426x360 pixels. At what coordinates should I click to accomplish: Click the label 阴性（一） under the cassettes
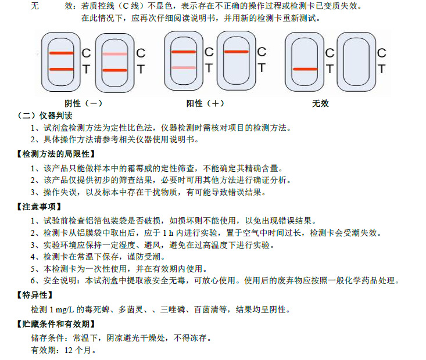pos(84,103)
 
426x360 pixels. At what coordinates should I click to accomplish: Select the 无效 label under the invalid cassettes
pos(320,103)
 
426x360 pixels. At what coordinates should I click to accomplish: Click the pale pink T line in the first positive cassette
pos(184,68)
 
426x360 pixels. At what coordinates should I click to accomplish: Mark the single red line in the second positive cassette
pos(235,52)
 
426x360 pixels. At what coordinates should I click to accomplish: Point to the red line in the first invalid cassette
pos(305,69)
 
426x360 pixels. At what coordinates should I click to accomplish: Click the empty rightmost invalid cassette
pos(356,61)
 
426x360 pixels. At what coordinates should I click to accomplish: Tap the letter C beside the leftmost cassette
pos(85,53)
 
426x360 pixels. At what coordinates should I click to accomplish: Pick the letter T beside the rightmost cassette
pos(381,69)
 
